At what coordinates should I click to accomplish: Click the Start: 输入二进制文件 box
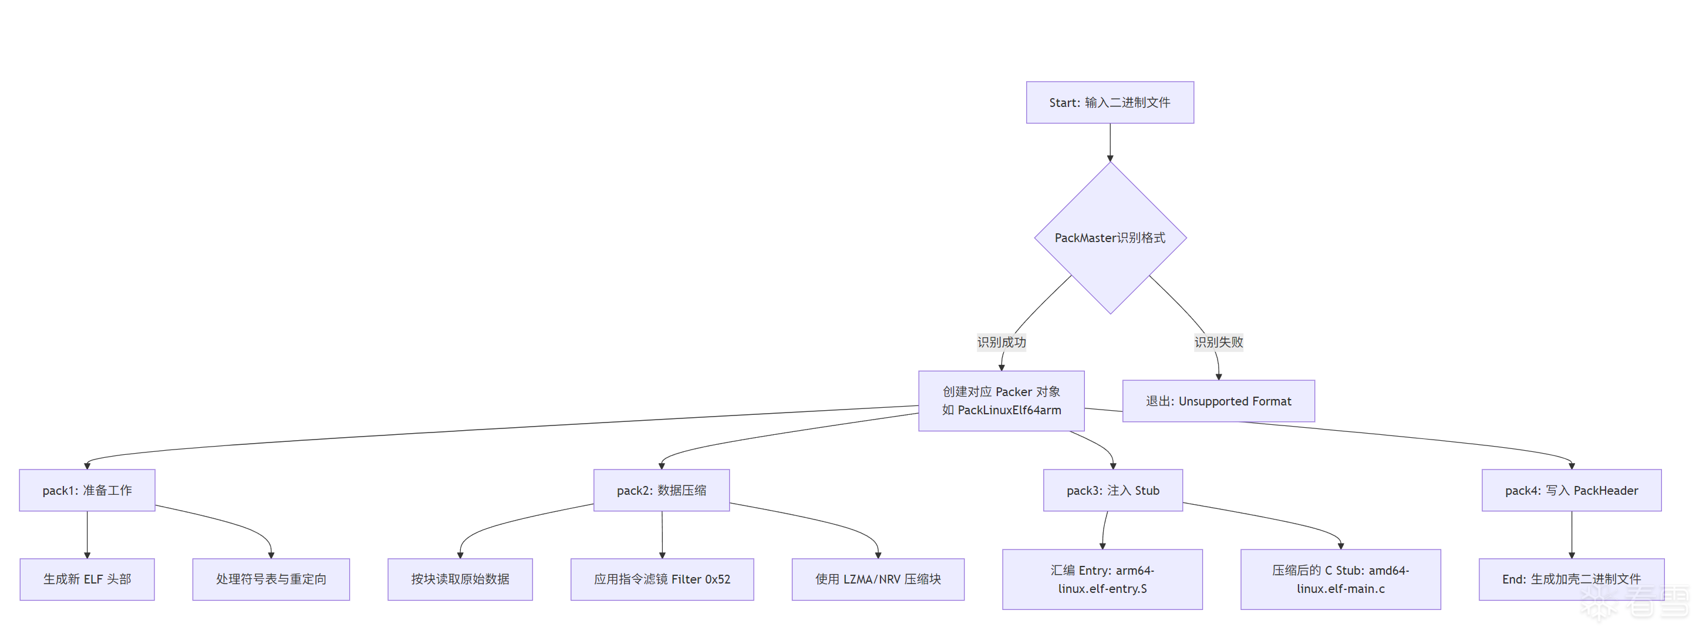[1110, 102]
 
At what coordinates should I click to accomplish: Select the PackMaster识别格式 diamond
[1110, 237]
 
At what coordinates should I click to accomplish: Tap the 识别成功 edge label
[1001, 342]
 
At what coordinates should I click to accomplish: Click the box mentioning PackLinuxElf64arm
[1001, 401]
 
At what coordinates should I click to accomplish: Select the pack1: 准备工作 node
[87, 490]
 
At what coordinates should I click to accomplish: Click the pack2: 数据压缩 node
[661, 490]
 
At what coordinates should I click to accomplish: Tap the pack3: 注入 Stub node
[1112, 490]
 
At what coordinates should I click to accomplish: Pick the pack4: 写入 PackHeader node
[1571, 490]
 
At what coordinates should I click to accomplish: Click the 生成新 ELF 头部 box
[87, 579]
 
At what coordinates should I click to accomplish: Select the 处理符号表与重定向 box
[271, 579]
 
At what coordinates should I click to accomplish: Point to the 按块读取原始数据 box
[460, 579]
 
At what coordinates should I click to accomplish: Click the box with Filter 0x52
[662, 579]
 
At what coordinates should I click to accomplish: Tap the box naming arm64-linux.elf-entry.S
[1102, 579]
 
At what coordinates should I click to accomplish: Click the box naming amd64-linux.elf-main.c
[1340, 579]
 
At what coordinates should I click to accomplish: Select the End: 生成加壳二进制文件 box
[1571, 579]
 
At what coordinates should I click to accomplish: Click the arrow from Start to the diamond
[1110, 142]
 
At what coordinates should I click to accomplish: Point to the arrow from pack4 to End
[1572, 535]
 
